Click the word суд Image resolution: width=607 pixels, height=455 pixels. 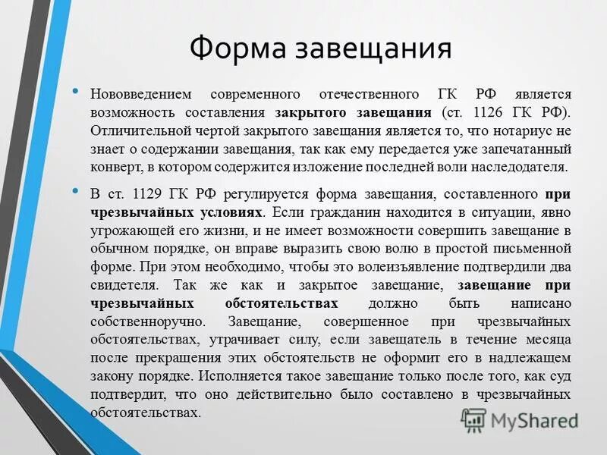(560, 376)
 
